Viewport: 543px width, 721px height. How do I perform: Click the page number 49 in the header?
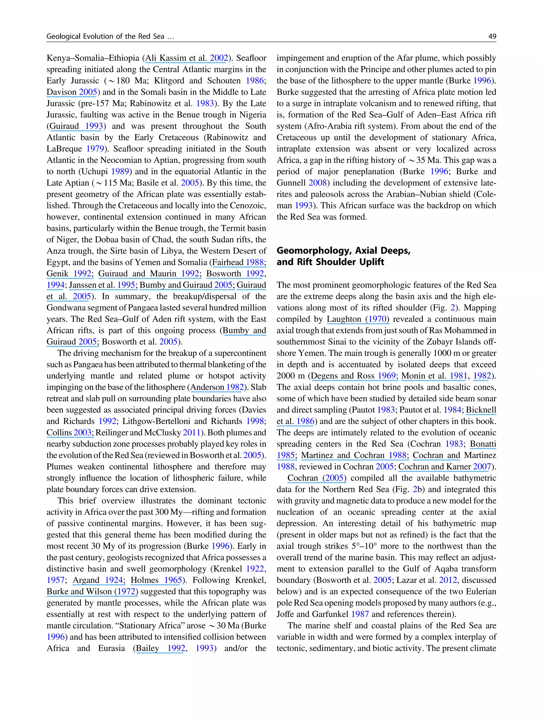pyautogui.click(x=492, y=36)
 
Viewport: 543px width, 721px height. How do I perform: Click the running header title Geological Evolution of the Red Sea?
pyautogui.click(x=110, y=36)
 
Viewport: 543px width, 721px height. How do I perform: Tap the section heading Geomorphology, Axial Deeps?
pyautogui.click(x=343, y=250)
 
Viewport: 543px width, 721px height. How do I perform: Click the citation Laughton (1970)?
pyautogui.click(x=358, y=319)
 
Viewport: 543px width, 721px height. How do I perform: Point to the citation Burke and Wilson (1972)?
pyautogui.click(x=92, y=592)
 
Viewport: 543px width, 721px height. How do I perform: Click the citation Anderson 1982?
pyautogui.click(x=217, y=387)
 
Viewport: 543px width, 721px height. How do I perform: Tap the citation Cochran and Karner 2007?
pyautogui.click(x=445, y=467)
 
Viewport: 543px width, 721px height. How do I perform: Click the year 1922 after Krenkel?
pyautogui.click(x=255, y=569)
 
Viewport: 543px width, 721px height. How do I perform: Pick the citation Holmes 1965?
pyautogui.click(x=156, y=580)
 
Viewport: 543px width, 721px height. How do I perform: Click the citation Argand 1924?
pyautogui.click(x=98, y=580)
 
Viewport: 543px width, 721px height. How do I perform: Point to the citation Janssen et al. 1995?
pyautogui.click(x=102, y=285)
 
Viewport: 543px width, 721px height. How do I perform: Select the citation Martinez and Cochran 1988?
pyautogui.click(x=354, y=455)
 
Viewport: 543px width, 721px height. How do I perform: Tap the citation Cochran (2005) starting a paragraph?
pyautogui.click(x=316, y=478)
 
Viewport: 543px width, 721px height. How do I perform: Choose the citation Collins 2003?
pyautogui.click(x=69, y=432)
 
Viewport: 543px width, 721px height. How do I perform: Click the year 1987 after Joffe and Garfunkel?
pyautogui.click(x=360, y=614)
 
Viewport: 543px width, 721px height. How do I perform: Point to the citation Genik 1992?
pyautogui.click(x=69, y=274)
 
